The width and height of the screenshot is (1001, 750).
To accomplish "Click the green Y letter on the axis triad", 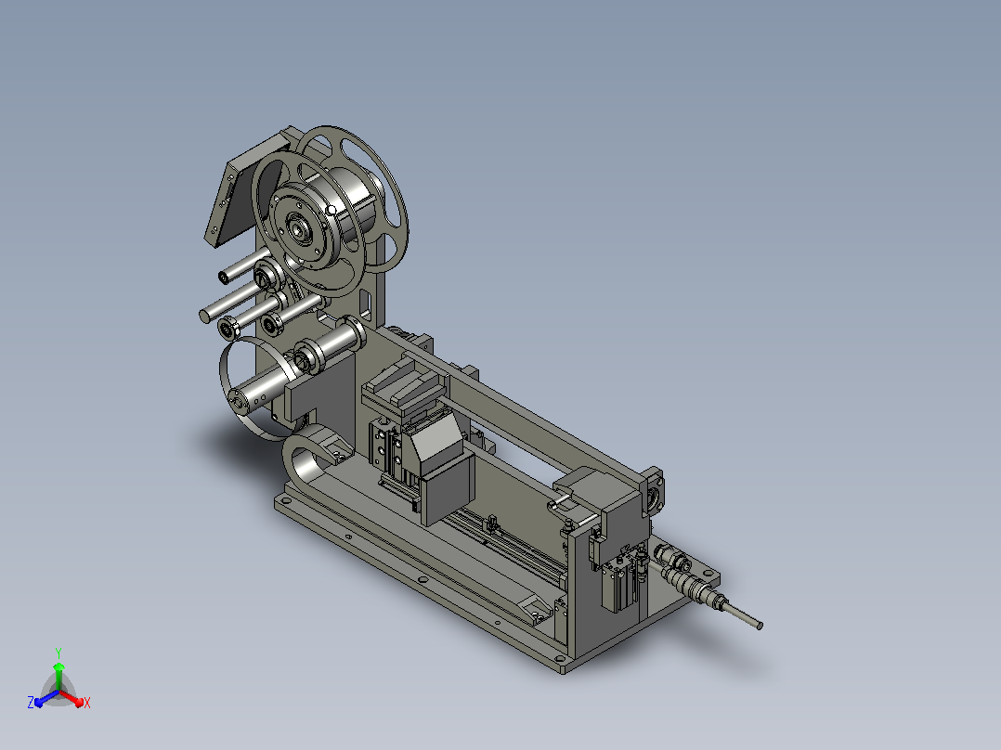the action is coord(58,653).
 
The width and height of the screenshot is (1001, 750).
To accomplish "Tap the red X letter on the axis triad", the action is coord(87,703).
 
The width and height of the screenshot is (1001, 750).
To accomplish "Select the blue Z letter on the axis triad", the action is coord(30,702).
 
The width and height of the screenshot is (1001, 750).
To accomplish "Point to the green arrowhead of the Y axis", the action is coord(58,666).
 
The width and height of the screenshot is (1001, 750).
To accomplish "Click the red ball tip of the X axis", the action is coord(80,703).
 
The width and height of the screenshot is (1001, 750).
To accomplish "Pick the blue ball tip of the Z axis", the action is coord(38,703).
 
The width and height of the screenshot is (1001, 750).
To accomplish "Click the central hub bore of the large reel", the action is coord(298,227).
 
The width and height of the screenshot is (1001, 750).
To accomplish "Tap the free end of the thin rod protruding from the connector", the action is coord(759,627).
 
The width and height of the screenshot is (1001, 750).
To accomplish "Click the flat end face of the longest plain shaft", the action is coord(205,316).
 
